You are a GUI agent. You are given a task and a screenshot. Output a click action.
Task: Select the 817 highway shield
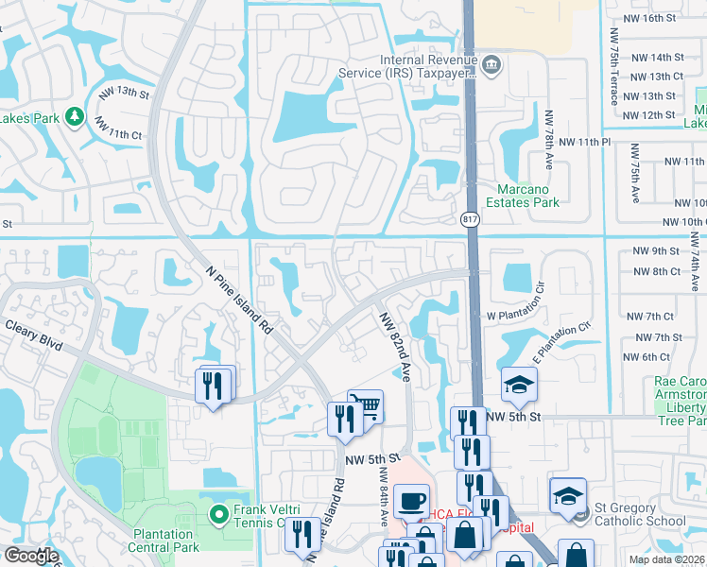pyautogui.click(x=470, y=219)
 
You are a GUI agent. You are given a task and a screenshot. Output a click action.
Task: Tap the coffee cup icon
pyautogui.click(x=411, y=500)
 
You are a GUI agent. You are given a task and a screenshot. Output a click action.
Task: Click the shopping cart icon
pyautogui.click(x=365, y=405)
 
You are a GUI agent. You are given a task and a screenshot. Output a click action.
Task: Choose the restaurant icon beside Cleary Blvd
pyautogui.click(x=214, y=385)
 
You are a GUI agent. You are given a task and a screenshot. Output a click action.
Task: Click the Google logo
pyautogui.click(x=31, y=556)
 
